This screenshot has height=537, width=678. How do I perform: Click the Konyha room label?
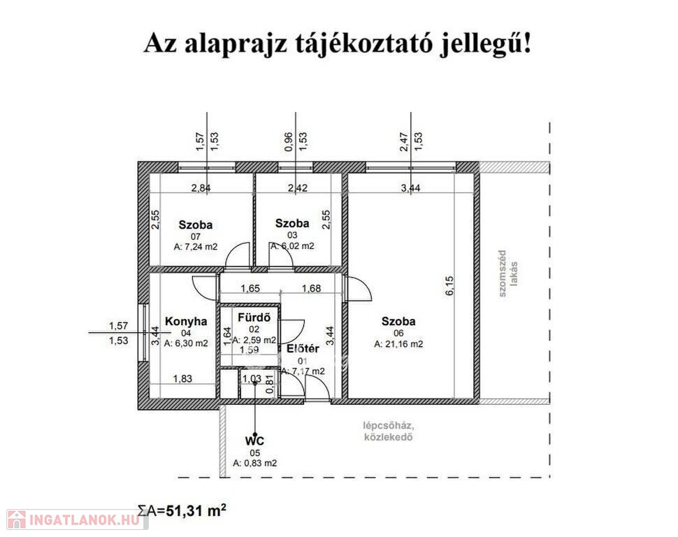(x=186, y=322)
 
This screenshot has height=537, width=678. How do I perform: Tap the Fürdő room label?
(x=254, y=317)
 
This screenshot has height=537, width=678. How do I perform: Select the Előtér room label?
(x=303, y=349)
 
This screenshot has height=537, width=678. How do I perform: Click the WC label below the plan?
(x=254, y=441)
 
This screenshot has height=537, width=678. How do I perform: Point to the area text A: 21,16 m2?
(x=398, y=345)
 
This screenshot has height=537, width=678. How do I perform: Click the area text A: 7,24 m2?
(x=196, y=247)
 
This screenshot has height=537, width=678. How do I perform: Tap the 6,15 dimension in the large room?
(x=449, y=285)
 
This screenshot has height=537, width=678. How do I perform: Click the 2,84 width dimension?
(x=201, y=188)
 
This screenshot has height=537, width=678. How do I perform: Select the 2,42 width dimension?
(x=298, y=188)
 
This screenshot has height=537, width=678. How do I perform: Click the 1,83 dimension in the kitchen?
(x=182, y=378)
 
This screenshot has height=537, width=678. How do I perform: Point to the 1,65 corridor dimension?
(x=250, y=288)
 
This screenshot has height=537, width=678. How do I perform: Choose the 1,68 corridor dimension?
(x=311, y=288)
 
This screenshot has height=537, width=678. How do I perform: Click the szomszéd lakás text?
(x=507, y=273)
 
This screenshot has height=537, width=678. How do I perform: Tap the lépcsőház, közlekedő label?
(x=389, y=431)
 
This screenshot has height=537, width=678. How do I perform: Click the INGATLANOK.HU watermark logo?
(x=75, y=520)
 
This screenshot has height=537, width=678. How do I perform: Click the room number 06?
(x=398, y=334)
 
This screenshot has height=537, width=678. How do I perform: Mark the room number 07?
(x=196, y=236)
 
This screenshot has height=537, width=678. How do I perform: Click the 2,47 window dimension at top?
(x=403, y=141)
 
